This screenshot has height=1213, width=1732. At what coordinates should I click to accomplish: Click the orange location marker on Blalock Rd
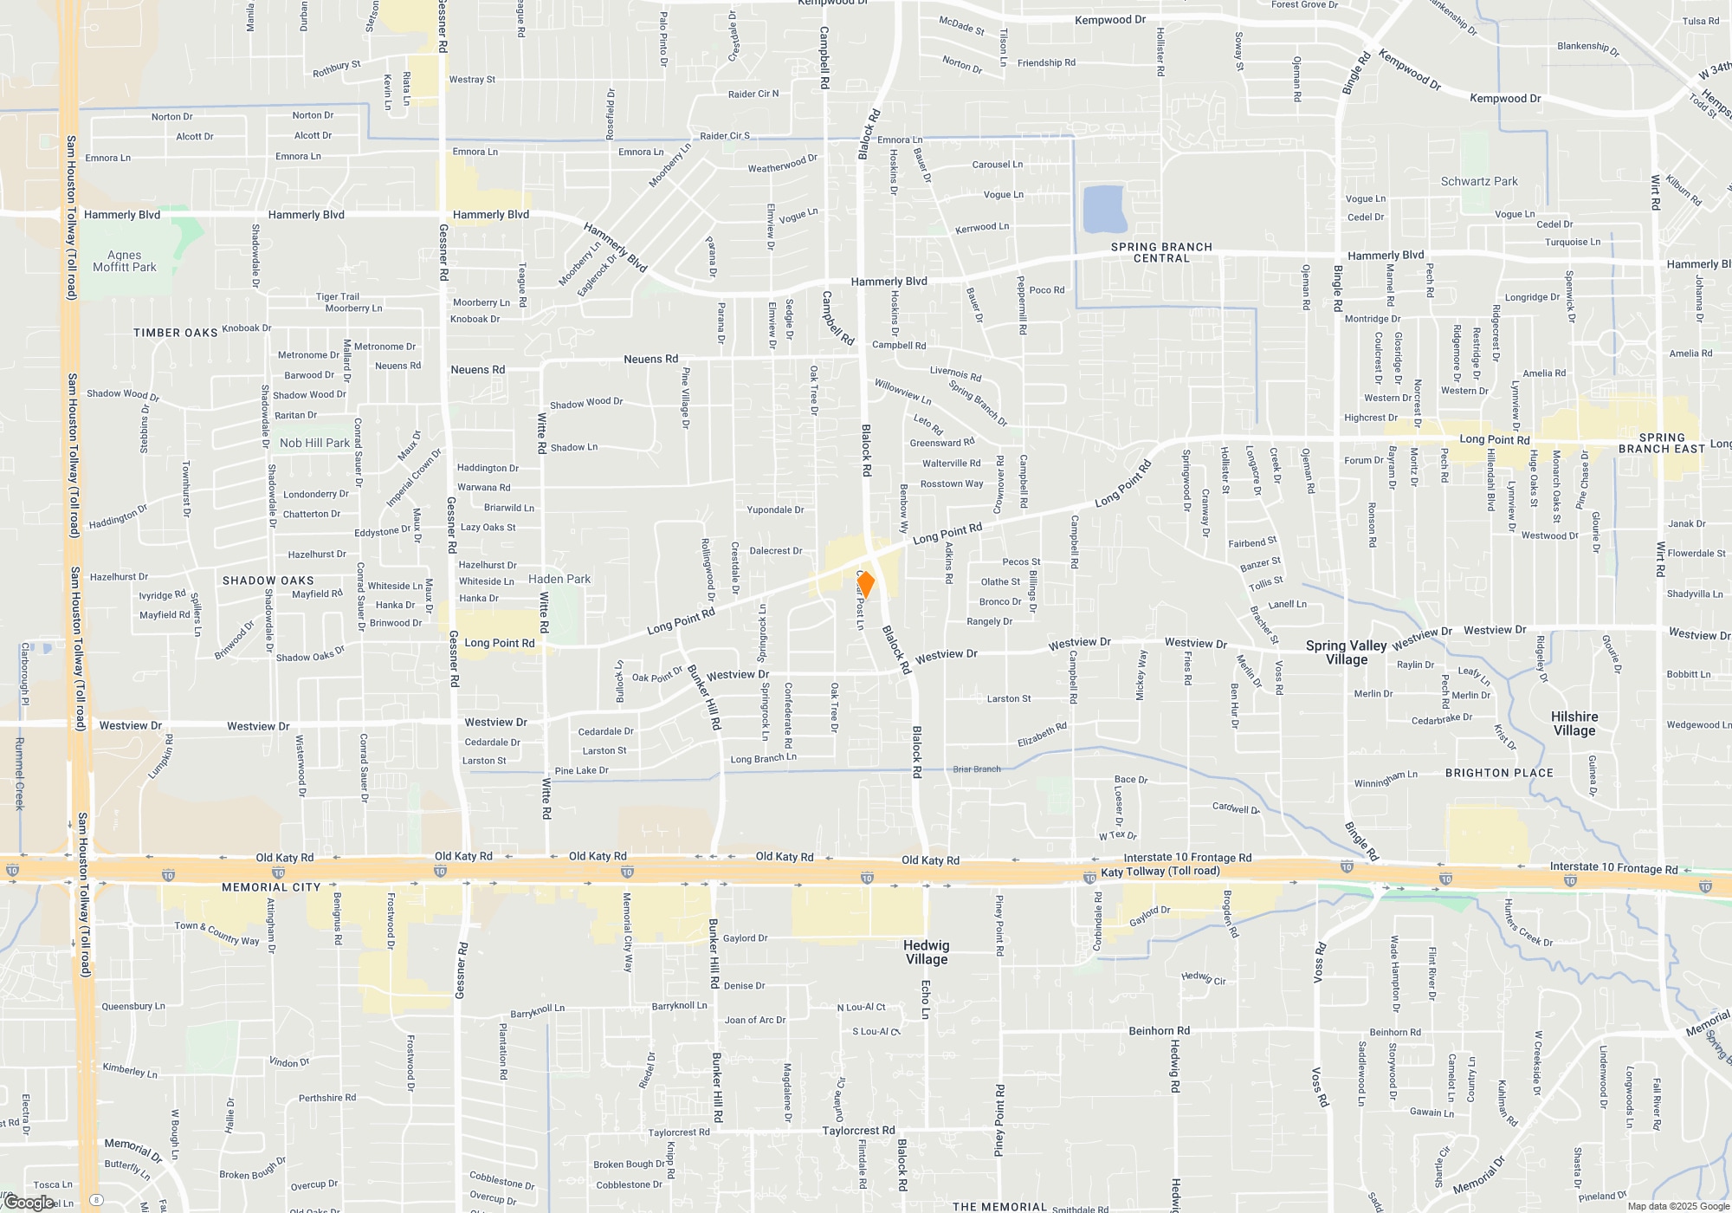click(x=865, y=585)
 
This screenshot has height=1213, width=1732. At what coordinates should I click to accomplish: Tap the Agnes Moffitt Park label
click(x=125, y=261)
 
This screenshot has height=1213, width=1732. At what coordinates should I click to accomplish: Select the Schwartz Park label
click(x=1479, y=181)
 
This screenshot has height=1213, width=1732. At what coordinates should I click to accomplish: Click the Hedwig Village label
click(x=927, y=952)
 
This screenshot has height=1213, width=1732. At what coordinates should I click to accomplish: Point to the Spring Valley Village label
click(x=1347, y=652)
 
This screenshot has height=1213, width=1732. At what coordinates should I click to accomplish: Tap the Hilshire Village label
click(x=1574, y=723)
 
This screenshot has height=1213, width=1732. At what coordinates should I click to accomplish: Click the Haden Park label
click(x=559, y=579)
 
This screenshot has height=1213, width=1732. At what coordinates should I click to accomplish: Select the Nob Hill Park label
click(x=314, y=443)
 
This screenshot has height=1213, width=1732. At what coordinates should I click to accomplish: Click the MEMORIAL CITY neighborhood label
click(x=271, y=887)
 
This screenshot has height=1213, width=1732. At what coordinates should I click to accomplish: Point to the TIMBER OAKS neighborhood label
click(x=176, y=333)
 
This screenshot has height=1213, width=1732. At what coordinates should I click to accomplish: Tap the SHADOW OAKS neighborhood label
click(x=268, y=581)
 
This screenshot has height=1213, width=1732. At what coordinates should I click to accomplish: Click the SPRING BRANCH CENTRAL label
click(x=1161, y=252)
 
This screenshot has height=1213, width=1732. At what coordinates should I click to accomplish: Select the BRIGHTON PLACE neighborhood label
click(x=1499, y=773)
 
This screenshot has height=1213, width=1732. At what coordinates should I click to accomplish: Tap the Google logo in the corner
click(x=29, y=1203)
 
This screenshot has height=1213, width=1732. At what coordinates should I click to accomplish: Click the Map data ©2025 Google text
click(x=1678, y=1206)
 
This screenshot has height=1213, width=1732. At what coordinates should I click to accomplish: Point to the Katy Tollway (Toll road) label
click(x=1160, y=872)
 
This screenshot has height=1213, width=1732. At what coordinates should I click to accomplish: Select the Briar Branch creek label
click(x=977, y=769)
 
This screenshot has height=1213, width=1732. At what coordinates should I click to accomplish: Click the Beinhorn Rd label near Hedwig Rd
click(x=1159, y=1031)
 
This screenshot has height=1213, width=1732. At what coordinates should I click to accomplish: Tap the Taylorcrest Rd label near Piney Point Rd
click(x=858, y=1131)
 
